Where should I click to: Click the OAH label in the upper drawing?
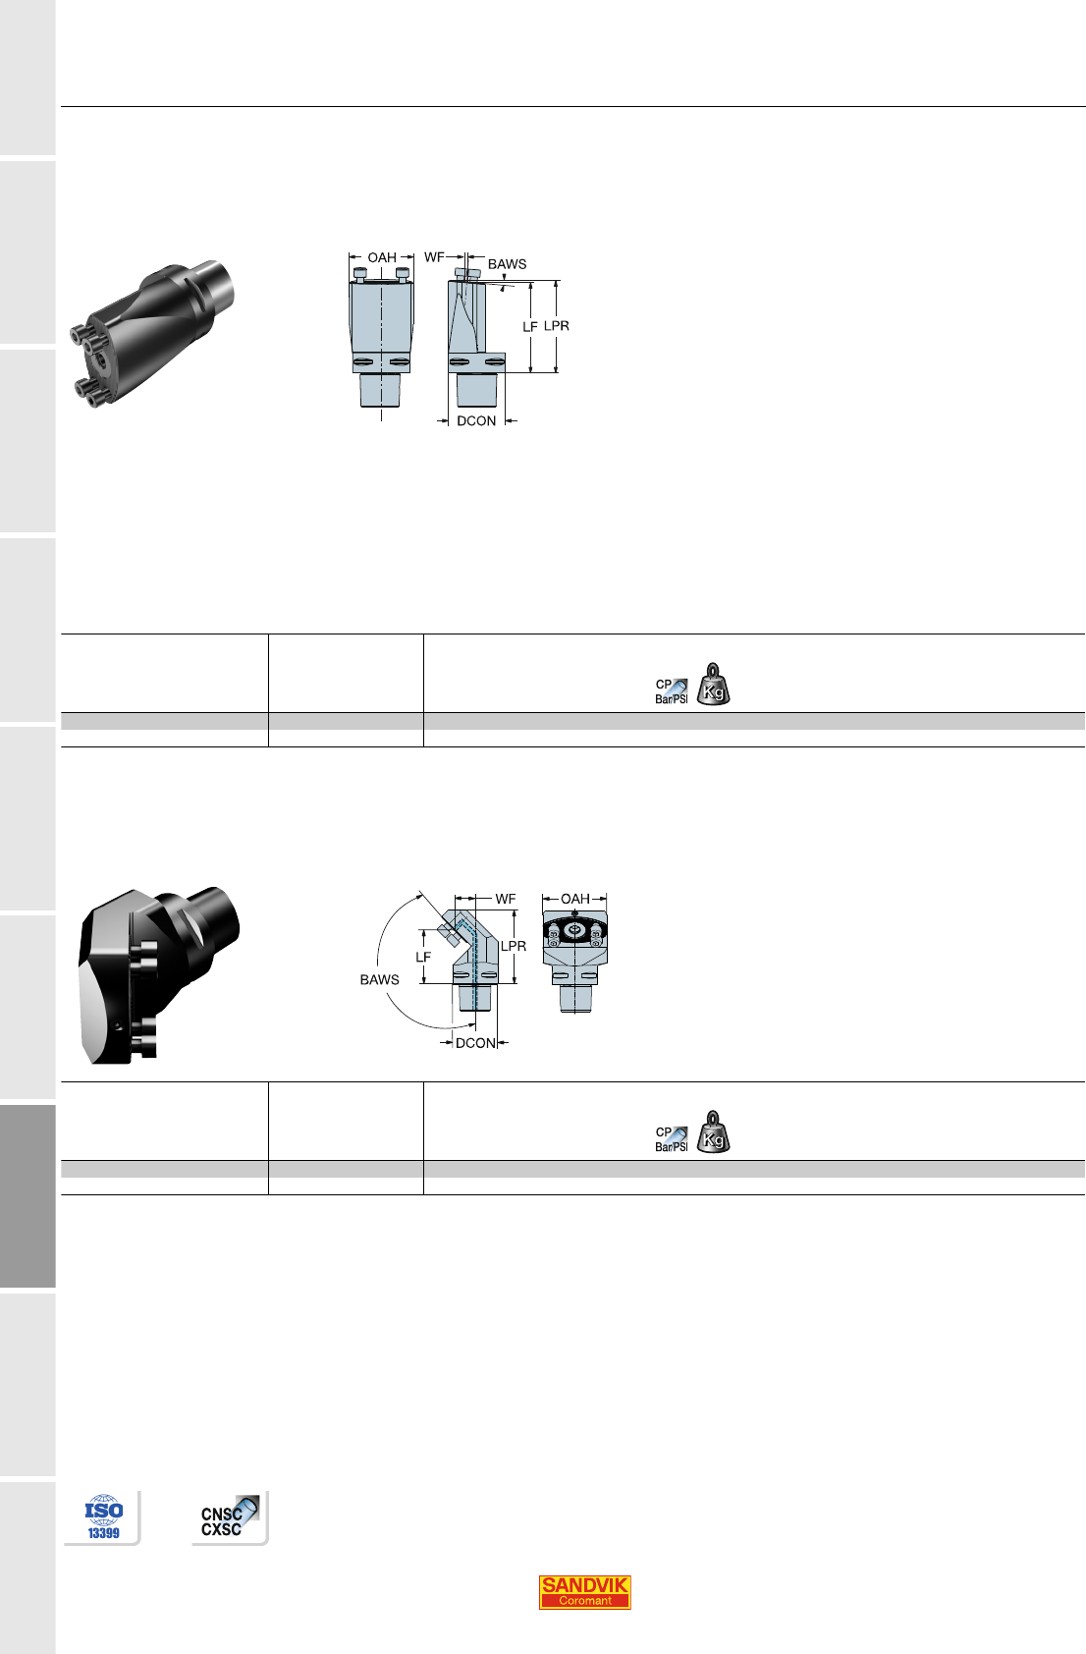coord(382,257)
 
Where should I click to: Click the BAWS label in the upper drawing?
coord(507,264)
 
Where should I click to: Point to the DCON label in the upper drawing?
coord(476,421)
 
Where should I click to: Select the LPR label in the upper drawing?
coord(556,326)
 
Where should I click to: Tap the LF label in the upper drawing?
coord(530,326)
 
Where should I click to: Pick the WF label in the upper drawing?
coord(434,257)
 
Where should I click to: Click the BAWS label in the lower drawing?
coord(379,980)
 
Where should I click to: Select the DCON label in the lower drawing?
coord(475,1043)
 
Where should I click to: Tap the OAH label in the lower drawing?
coord(575,899)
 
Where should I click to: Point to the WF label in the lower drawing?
coord(506,899)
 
